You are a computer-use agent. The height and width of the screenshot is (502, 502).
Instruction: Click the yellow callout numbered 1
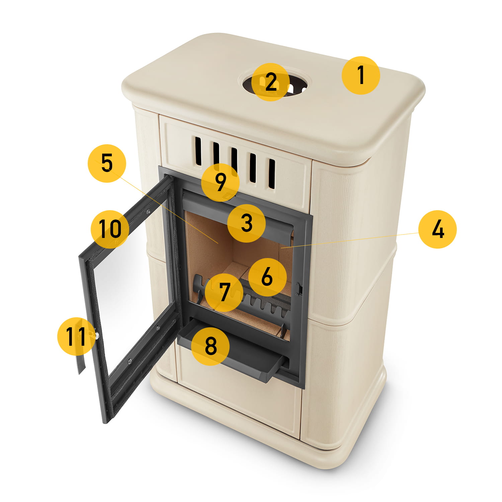point(361,75)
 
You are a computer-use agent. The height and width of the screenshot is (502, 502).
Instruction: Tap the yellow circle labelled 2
point(270,82)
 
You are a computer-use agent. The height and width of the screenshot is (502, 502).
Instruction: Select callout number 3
point(246,223)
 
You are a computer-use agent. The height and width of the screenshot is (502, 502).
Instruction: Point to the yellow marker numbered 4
point(437,229)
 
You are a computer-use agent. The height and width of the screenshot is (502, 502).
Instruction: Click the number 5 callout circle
point(107,163)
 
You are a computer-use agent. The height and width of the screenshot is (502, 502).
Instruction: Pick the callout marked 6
point(267,277)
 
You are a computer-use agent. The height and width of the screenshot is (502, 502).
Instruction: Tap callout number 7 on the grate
point(224,292)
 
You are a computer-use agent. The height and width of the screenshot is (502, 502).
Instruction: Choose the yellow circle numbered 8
point(210,346)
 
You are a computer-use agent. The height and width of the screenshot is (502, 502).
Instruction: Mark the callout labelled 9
point(220,182)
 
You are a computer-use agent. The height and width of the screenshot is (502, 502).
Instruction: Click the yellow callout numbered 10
point(110,229)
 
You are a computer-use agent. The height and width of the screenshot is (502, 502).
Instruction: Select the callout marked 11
point(77,336)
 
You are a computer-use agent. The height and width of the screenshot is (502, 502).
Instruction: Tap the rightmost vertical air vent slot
point(272,174)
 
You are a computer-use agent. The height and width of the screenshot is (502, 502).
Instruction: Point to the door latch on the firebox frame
point(300,289)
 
